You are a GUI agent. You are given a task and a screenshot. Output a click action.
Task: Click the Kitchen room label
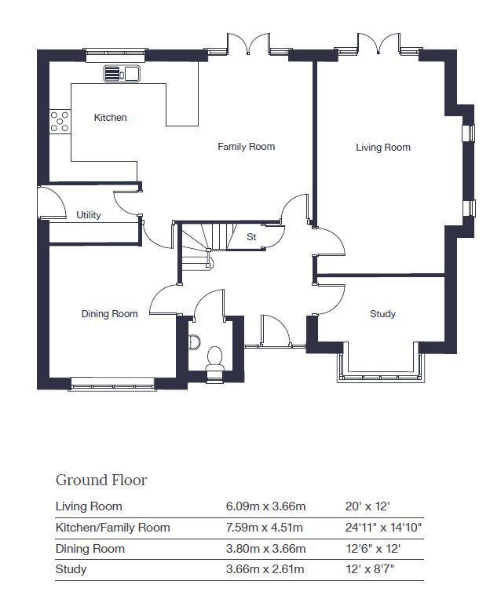point(110,118)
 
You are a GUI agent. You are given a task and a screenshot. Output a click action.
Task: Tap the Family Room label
point(246,147)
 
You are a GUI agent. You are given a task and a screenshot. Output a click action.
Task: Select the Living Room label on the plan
point(383,148)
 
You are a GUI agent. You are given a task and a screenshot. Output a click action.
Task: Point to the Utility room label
point(89,215)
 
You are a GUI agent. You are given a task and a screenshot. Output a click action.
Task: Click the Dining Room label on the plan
point(109,314)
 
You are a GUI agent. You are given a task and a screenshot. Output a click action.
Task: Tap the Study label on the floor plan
point(382,314)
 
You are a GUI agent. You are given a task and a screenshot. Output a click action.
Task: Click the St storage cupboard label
point(251,237)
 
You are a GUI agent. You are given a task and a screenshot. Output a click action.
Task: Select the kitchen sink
point(122,73)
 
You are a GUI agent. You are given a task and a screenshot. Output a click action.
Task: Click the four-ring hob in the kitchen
point(60,121)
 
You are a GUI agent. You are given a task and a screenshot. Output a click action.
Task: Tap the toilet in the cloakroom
point(215,360)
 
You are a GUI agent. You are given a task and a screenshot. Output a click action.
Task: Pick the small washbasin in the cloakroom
point(194,342)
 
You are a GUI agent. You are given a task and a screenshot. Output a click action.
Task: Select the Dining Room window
point(112,383)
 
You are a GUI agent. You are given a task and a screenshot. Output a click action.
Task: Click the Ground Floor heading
point(101,481)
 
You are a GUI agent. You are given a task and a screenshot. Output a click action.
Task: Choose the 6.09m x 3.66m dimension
point(265,506)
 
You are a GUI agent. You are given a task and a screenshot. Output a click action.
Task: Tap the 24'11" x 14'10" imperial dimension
point(383,527)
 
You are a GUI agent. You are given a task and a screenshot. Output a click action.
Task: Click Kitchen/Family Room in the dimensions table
point(112,528)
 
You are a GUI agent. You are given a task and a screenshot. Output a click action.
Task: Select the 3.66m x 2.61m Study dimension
point(265,569)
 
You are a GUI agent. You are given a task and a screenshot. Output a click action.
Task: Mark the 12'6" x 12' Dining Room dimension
point(373,548)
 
